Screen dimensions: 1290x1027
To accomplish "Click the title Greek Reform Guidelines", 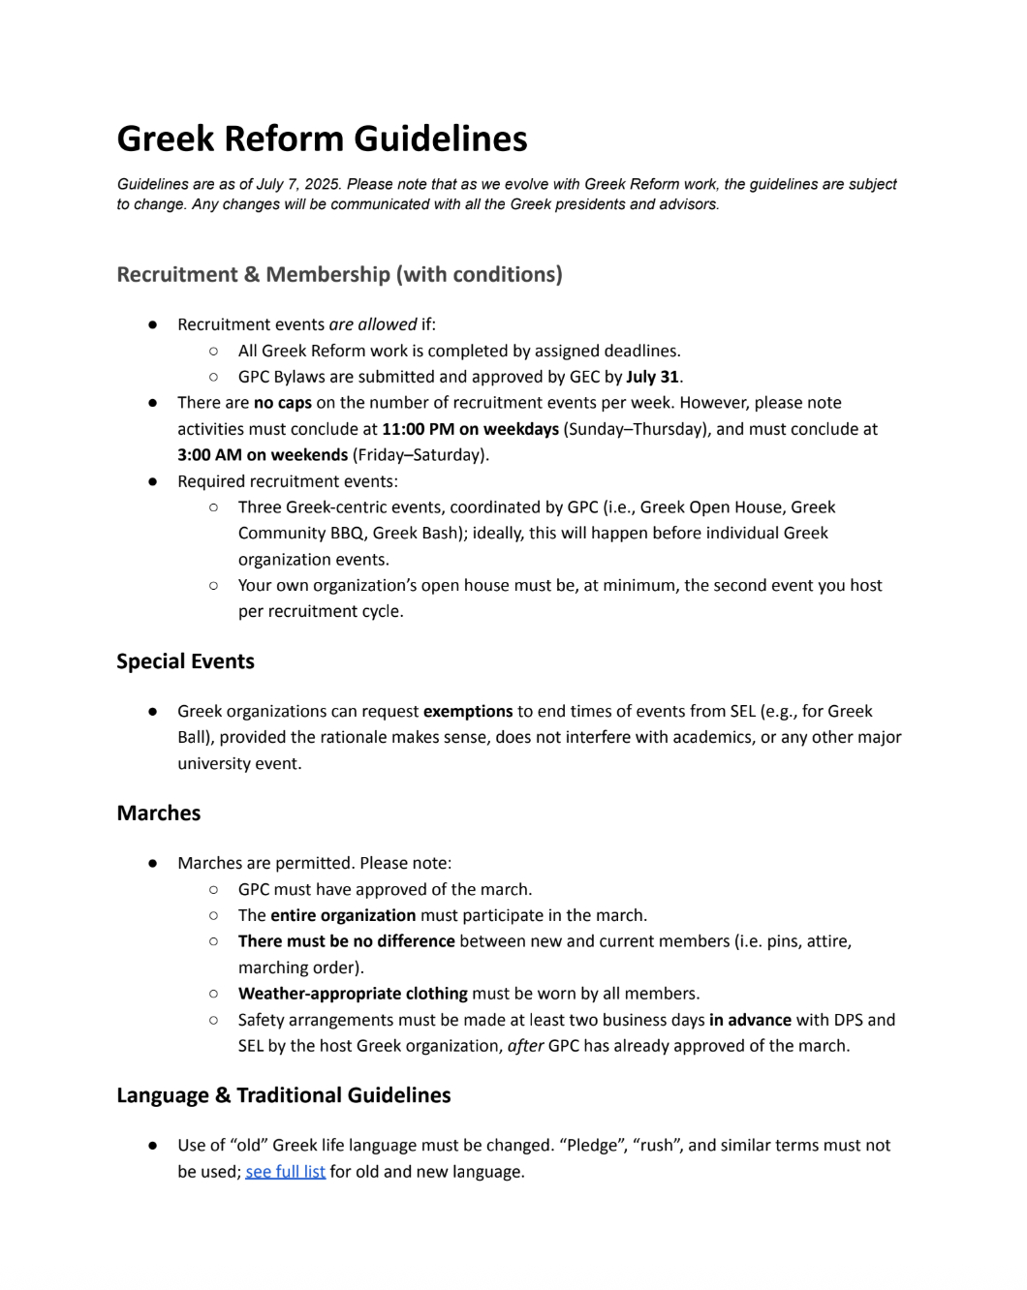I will tap(322, 138).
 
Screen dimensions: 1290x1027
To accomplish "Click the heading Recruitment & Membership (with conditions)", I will tap(339, 274).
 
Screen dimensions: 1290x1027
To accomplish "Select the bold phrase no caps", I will tap(282, 403).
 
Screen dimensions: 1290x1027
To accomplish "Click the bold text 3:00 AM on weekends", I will tap(262, 455).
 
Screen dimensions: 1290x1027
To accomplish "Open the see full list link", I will tap(285, 1172).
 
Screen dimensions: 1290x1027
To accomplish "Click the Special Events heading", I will tap(185, 661).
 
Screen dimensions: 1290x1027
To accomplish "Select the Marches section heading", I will tap(158, 814).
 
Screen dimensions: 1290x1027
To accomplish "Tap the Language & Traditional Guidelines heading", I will tap(283, 1095).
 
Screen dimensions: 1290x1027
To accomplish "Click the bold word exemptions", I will tap(468, 711).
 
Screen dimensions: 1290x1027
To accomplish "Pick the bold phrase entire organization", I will tap(343, 915).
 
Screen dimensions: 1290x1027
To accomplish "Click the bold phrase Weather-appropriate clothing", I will tap(353, 994).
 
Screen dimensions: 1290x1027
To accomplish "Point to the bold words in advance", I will tap(750, 1020).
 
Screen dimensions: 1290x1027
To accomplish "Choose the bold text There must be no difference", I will tap(346, 941).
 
